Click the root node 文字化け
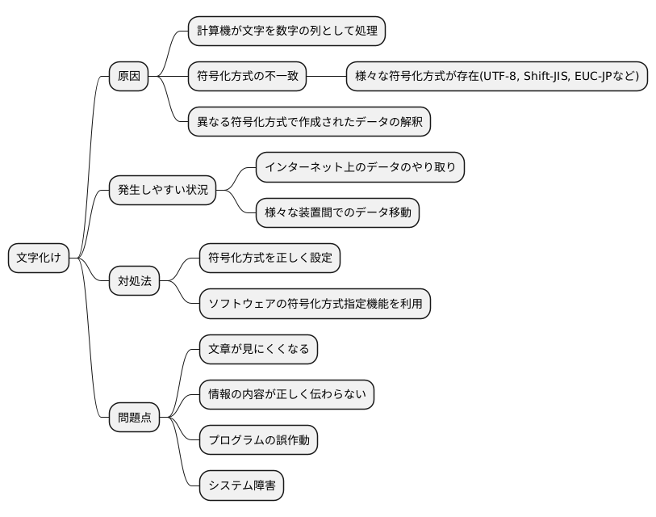39,258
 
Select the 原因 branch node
129,77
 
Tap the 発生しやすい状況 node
163,191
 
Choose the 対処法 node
134,282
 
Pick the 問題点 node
134,418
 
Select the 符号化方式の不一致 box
247,77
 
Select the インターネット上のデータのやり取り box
360,167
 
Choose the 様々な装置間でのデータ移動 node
337,213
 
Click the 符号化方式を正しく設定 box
270,258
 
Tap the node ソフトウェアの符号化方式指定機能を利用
315,305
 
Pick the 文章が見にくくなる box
258,350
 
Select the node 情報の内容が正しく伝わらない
286,395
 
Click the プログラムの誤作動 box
258,441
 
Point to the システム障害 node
241,486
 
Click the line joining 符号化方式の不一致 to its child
326,77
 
